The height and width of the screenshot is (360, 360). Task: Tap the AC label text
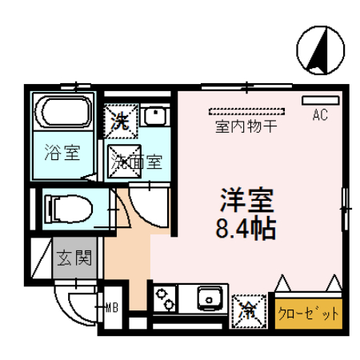tap(320, 115)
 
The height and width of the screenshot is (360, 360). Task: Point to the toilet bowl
tap(69, 208)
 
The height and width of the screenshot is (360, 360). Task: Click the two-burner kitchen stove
tap(166, 301)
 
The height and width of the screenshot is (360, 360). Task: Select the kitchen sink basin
tap(210, 301)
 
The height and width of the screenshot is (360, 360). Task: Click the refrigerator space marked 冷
tap(248, 308)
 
